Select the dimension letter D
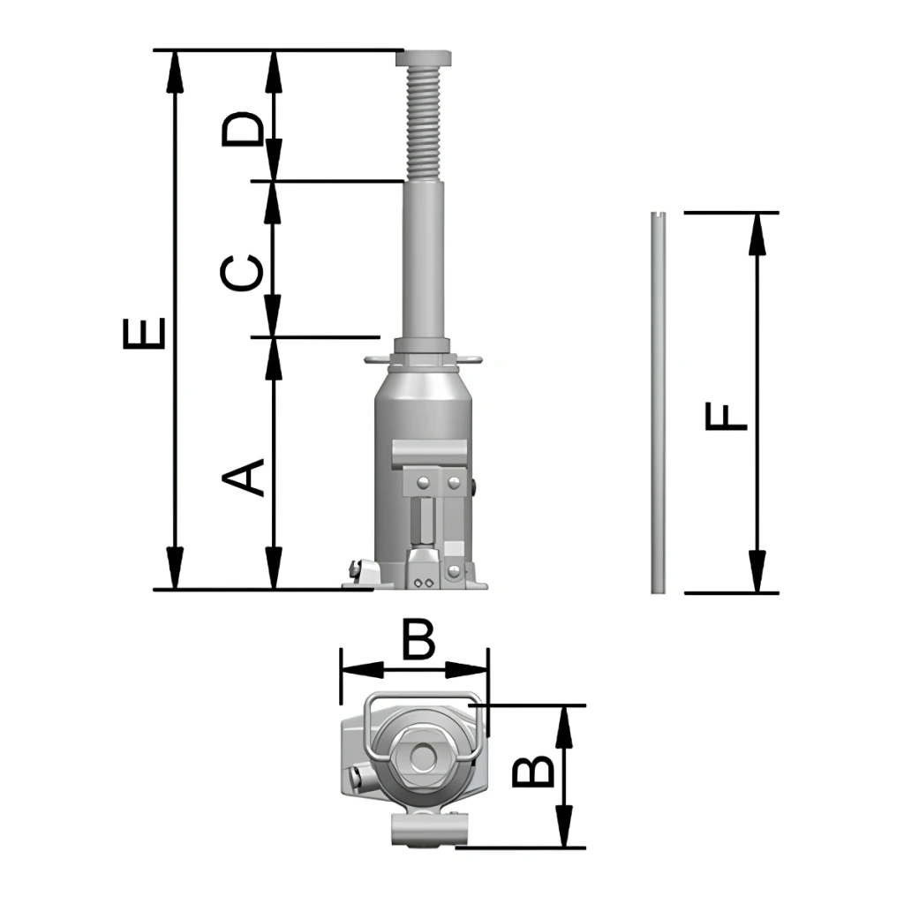(242, 128)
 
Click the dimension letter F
(727, 418)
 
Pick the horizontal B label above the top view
(418, 639)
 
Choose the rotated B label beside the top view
(533, 772)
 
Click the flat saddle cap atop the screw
(423, 57)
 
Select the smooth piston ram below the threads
(423, 260)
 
